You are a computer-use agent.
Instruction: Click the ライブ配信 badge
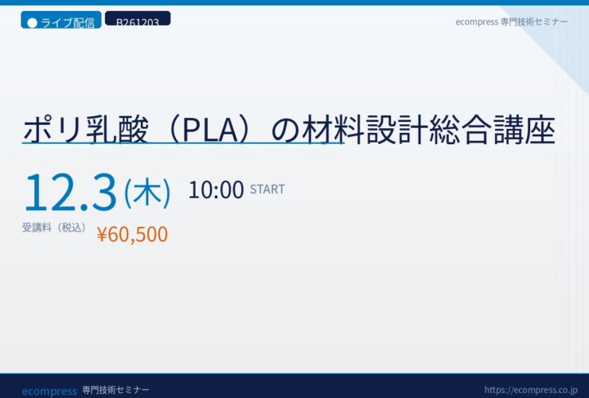coord(60,20)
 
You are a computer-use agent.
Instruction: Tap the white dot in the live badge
coord(33,23)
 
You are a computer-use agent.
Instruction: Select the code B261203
coord(138,19)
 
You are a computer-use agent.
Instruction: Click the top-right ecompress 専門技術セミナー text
coord(511,21)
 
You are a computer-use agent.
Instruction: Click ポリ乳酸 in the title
coord(86,130)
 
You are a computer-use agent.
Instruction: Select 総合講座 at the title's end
coord(492,130)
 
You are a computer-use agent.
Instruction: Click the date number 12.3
coord(71,192)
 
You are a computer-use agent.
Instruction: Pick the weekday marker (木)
coord(147,193)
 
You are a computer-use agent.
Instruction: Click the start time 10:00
coord(216,189)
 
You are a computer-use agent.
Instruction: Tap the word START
coord(267,189)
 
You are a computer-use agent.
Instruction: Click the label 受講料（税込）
coord(54,228)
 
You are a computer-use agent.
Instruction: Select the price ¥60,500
coord(132,234)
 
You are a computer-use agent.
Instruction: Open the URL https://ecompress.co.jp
coord(531,390)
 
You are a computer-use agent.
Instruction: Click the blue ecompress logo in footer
coord(49,392)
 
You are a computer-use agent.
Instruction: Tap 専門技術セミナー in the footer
coord(115,390)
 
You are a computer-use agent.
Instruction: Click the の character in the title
coord(286,131)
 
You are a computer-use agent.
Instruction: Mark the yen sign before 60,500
coord(102,235)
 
